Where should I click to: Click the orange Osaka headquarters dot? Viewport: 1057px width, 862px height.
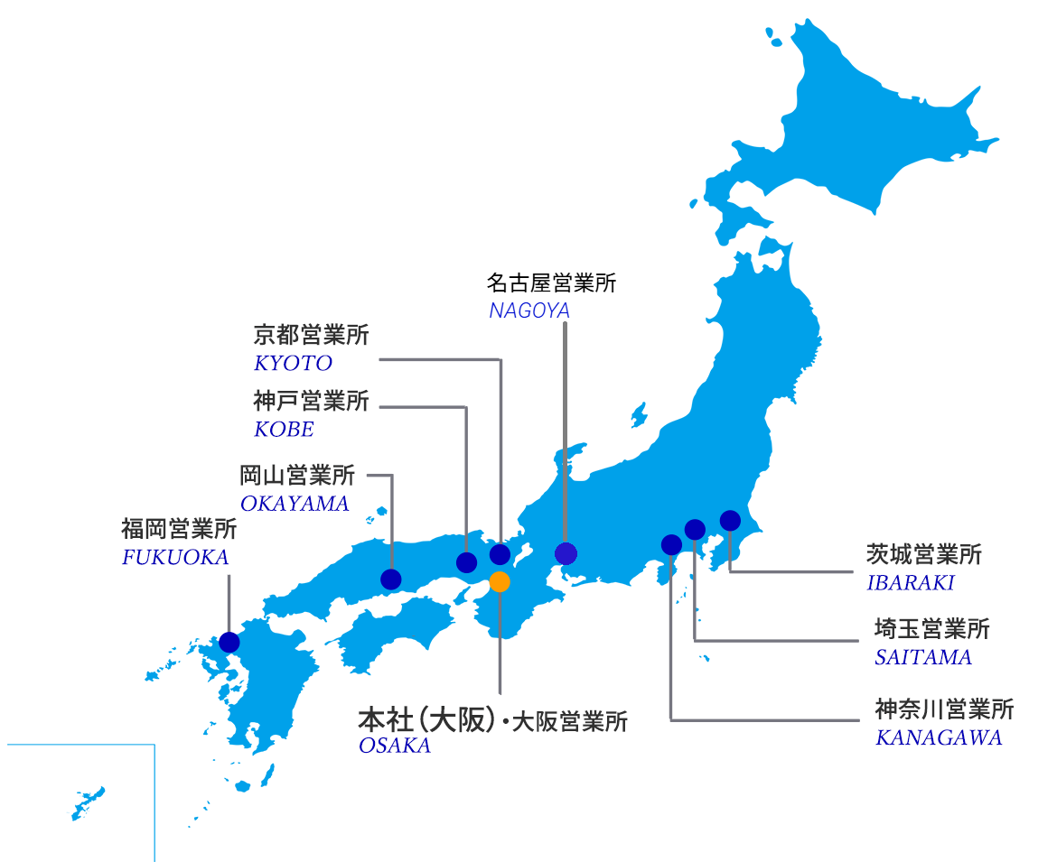[500, 582]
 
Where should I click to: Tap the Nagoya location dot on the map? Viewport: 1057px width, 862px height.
[566, 553]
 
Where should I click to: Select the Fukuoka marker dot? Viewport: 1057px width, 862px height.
[229, 642]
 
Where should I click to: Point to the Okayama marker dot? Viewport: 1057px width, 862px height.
[391, 579]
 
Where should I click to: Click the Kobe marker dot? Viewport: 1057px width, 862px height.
[466, 562]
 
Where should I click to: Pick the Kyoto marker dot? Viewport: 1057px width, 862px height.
[500, 554]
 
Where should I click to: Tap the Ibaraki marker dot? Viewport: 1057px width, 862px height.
[730, 520]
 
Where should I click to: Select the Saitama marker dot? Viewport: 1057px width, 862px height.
[695, 529]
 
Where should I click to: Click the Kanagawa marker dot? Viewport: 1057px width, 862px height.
[671, 544]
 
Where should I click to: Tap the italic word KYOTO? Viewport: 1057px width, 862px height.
[293, 364]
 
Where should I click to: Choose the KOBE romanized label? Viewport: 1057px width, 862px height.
[284, 430]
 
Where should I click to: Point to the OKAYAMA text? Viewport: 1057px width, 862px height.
[295, 504]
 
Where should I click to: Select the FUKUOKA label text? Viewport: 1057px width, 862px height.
[175, 558]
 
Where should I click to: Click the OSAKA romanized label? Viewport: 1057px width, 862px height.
[394, 746]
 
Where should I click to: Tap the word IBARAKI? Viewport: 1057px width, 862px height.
[911, 582]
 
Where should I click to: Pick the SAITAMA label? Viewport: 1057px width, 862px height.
[922, 657]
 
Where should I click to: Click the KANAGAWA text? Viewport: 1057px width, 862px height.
[939, 737]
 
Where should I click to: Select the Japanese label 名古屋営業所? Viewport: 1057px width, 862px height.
[551, 283]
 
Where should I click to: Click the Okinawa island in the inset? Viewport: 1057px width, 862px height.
[88, 802]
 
